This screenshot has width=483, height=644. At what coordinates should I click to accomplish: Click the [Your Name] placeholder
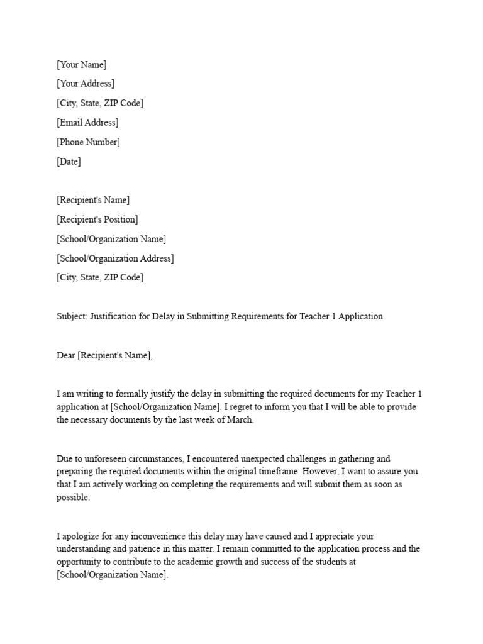(82, 65)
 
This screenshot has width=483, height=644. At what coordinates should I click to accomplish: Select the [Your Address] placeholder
(86, 84)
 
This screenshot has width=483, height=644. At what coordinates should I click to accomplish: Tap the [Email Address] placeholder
(87, 123)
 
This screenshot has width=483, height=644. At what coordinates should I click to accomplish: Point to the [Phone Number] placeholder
(88, 142)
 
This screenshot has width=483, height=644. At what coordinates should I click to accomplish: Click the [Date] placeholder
(69, 162)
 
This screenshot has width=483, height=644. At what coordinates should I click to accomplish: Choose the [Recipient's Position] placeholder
(97, 219)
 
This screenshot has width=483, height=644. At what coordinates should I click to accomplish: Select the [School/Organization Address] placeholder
(115, 258)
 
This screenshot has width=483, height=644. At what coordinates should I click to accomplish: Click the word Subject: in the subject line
(72, 316)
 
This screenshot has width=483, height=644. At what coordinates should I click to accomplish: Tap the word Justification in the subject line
(113, 316)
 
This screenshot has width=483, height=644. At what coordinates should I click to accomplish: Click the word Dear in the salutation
(66, 355)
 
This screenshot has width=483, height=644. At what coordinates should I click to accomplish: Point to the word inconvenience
(157, 536)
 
